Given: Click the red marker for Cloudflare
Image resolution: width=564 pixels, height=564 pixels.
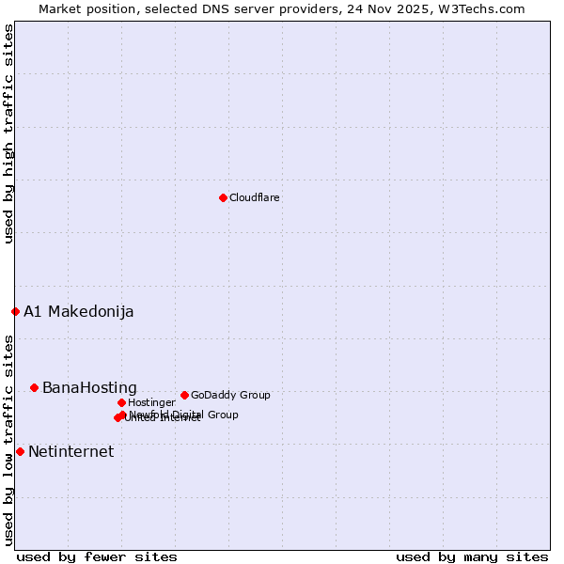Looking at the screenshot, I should (x=223, y=197).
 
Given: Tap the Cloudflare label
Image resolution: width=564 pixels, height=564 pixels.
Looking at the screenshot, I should (x=255, y=197).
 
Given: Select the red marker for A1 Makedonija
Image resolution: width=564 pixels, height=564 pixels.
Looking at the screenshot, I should (x=15, y=311).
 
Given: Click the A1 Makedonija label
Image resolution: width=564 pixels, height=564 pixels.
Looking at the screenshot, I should (x=79, y=311).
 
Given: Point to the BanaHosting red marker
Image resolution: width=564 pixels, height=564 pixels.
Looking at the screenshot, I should (x=34, y=387).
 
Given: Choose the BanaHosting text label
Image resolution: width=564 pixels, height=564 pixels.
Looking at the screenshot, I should (x=89, y=387).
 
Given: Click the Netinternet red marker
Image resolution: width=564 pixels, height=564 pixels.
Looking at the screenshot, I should (x=20, y=451).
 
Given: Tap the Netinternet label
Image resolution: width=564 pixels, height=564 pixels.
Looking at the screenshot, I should (x=70, y=451).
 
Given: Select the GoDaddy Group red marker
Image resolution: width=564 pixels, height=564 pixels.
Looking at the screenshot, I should (x=184, y=395).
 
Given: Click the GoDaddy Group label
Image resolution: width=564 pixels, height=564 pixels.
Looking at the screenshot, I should (x=230, y=395).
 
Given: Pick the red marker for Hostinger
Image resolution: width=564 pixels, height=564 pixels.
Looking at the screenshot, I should (x=121, y=402).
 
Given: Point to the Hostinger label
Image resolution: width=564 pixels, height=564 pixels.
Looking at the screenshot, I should (x=151, y=402).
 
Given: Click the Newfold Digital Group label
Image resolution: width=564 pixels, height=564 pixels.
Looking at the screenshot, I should (x=184, y=415).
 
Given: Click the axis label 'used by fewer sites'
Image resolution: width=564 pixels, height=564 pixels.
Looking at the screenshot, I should (x=97, y=556).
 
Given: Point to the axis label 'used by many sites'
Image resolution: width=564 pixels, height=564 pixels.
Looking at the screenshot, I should (x=472, y=556).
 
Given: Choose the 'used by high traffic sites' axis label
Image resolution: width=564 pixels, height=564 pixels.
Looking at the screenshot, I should (x=9, y=133).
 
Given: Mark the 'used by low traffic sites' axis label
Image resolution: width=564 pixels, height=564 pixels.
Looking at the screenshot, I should (x=9, y=439).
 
